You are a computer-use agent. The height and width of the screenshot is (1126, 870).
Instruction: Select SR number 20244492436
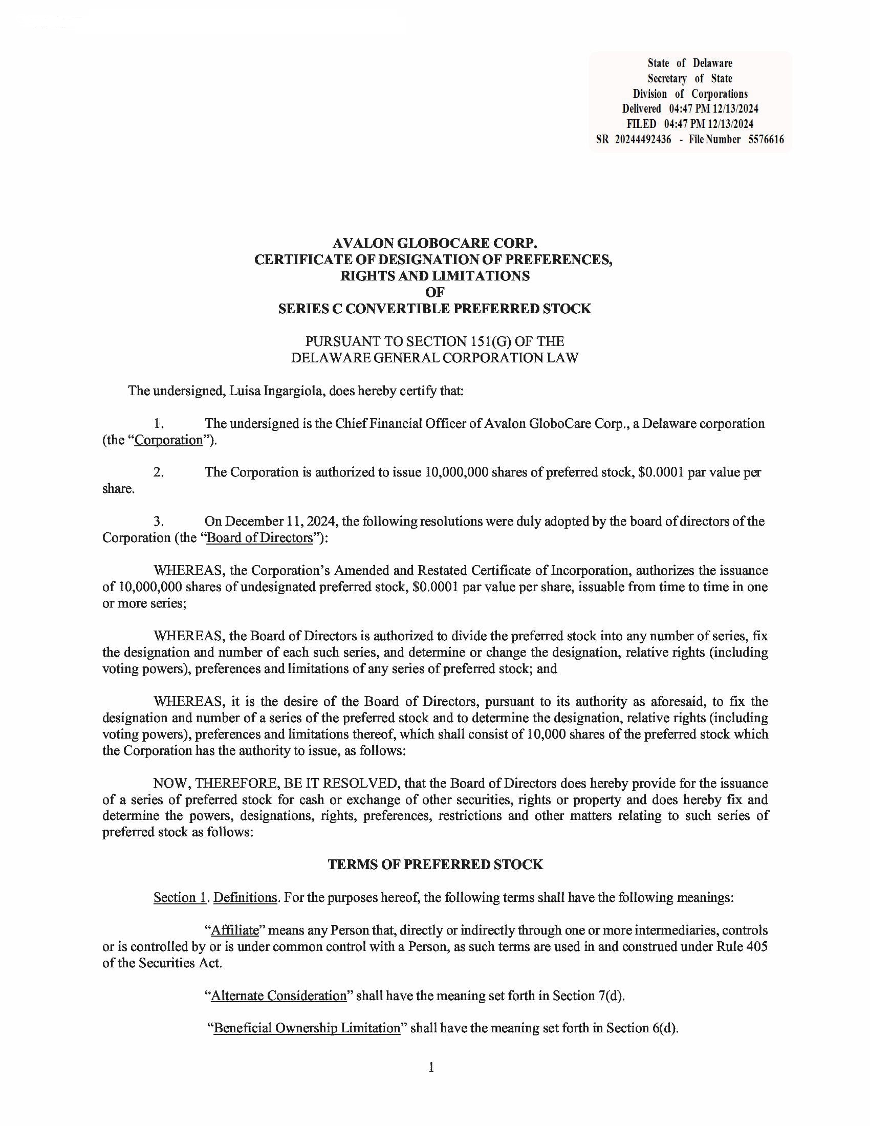[643, 139]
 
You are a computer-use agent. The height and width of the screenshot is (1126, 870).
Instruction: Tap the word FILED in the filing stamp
[641, 124]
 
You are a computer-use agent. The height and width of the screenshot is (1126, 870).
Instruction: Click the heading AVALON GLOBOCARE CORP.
[434, 243]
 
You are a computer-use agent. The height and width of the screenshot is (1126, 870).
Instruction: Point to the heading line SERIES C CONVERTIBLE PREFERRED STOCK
[434, 309]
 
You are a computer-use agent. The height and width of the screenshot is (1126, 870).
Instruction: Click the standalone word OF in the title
[434, 292]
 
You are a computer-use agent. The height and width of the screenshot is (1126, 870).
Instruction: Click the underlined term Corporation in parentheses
[168, 440]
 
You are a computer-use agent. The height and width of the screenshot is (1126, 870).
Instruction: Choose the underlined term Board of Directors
[259, 538]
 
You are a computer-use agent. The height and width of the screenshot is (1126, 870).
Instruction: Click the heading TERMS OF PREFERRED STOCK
[435, 864]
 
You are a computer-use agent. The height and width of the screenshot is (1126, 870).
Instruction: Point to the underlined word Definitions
[245, 898]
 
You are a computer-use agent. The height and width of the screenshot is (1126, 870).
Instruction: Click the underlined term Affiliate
[235, 930]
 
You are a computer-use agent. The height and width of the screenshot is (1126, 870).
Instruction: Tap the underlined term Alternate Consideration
[279, 995]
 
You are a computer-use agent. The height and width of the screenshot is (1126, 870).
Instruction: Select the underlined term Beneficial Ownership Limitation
[307, 1028]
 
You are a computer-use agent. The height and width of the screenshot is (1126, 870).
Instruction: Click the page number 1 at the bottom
[431, 1067]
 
